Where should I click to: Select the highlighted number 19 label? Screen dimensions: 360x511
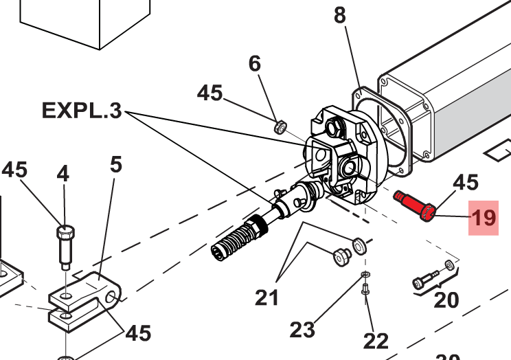(x=483, y=218)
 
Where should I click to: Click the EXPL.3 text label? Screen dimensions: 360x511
(x=82, y=110)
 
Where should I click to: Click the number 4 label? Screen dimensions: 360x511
(x=63, y=174)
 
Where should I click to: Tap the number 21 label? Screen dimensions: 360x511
(x=266, y=297)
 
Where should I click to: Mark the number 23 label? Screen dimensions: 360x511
(x=302, y=330)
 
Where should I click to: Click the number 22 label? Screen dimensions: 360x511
(x=376, y=340)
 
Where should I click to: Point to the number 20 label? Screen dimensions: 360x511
(x=446, y=301)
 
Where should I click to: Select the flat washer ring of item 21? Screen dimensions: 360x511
(x=359, y=245)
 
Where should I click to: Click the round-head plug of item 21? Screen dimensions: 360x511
(x=341, y=256)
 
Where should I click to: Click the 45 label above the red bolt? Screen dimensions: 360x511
(x=465, y=182)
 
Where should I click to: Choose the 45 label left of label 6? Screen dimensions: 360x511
(x=210, y=93)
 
